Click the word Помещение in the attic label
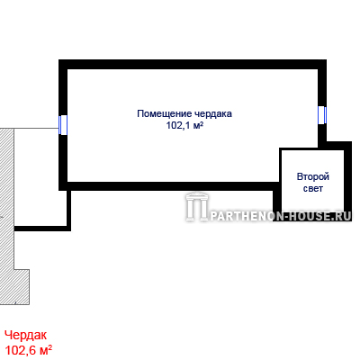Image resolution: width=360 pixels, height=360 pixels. coord(165,114)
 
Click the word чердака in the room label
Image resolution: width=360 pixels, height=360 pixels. coord(213,114)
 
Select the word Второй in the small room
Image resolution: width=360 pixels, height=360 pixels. coord(313,176)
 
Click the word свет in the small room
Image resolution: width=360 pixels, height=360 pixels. coord(313,189)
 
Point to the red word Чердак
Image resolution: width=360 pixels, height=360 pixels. coord(26,336)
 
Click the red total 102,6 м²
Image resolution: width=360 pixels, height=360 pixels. coord(29,350)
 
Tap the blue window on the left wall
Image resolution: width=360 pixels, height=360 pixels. coord(63,125)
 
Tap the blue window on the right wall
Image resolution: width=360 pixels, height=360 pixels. coord(322,115)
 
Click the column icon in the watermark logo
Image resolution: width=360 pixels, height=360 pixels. coord(197,207)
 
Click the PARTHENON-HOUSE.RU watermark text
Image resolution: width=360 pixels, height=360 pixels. coord(281,216)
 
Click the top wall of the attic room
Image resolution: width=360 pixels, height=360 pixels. coord(193,65)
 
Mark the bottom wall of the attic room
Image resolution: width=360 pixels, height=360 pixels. coord(169,186)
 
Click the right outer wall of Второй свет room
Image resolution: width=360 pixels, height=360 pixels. coord(347,181)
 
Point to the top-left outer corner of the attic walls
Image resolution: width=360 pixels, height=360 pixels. coord(59,60)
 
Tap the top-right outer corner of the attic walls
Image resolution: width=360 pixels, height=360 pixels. coord(327,60)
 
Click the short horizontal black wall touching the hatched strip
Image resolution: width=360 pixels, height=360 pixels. coord(42,229)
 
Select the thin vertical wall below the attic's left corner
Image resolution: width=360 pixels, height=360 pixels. coord(68,209)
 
